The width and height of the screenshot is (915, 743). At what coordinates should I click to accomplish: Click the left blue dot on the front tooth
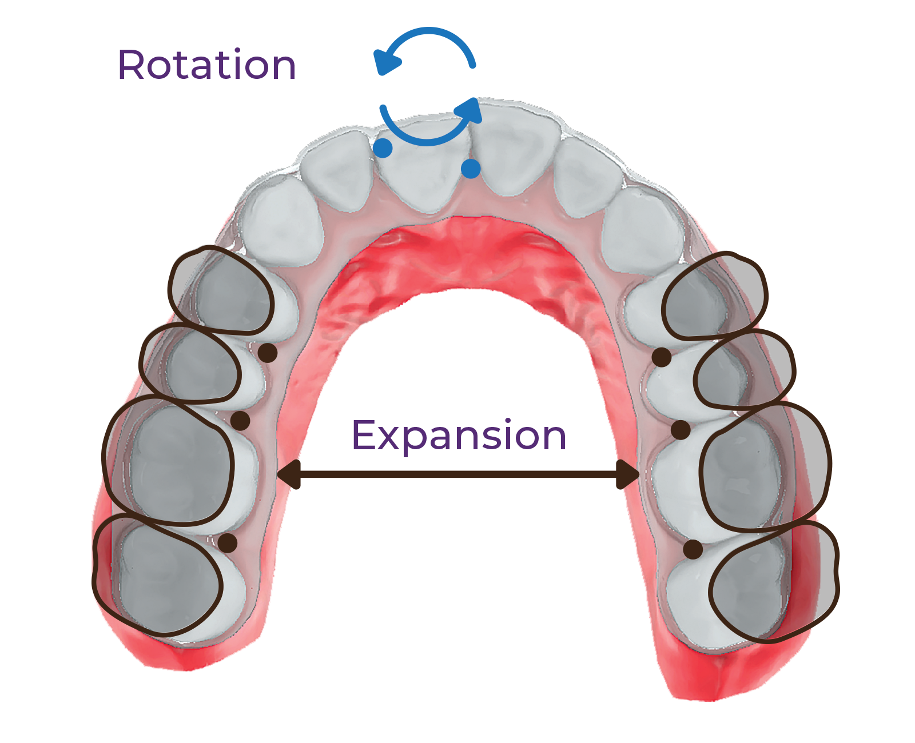tap(383, 147)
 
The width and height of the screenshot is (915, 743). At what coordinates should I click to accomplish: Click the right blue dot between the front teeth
tap(471, 168)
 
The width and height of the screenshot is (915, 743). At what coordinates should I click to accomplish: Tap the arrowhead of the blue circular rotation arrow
tap(475, 114)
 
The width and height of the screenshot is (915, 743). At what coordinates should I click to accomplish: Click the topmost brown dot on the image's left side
tap(267, 353)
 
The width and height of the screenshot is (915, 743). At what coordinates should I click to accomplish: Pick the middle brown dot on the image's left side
tap(241, 421)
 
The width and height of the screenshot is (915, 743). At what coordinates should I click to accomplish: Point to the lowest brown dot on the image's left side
tap(227, 543)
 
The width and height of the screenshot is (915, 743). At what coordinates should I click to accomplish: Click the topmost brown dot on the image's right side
tap(662, 357)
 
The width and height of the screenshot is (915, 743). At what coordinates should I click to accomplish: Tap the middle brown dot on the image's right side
tap(680, 430)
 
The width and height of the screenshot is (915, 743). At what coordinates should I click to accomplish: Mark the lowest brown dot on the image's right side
tap(693, 549)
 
